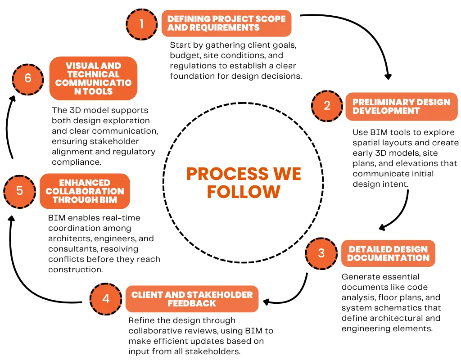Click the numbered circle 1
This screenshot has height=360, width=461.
pos(142,23)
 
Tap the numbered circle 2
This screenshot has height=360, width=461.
pos(327,106)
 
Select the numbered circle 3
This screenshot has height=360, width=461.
pos(321,253)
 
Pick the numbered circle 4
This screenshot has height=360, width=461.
pos(106,299)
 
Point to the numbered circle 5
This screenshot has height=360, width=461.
pos(19,191)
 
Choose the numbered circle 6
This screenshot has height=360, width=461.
pos(28,78)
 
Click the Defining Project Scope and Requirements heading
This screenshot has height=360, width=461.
pos(226,23)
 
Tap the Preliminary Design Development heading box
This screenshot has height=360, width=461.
pos(401,106)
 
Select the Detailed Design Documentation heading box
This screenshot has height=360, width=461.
pos(388,253)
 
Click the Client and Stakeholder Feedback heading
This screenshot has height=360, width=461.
pos(192,299)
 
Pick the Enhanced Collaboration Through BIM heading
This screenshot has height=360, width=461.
pos(85,191)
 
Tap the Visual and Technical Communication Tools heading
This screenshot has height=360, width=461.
pos(93,78)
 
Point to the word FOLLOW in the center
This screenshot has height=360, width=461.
pos(243,192)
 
